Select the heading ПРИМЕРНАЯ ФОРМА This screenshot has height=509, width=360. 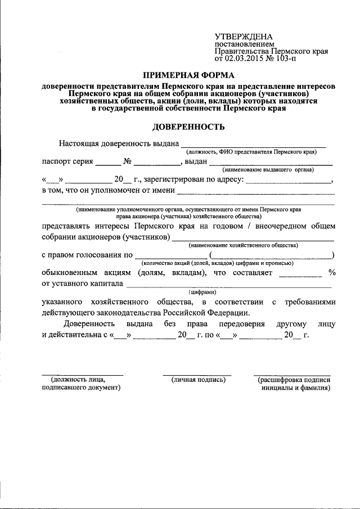pos(188,75)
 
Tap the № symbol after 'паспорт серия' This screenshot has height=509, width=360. pos(128,162)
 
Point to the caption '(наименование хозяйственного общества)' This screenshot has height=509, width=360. pos(244,245)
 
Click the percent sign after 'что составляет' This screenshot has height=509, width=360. pos(332,273)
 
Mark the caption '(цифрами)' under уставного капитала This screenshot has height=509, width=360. pos(219,292)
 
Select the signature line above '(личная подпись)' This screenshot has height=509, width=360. pos(197,374)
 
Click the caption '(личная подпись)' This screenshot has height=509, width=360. pos(199,380)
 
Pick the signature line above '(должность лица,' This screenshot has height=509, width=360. pos(82,374)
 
